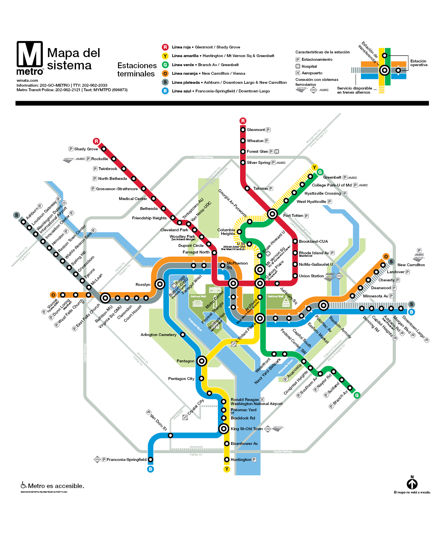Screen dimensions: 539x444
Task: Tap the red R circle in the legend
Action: click(165, 47)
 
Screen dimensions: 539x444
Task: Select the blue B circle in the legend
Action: click(165, 91)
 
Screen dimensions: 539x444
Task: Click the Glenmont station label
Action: click(256, 130)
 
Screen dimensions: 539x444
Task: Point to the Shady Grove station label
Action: click(86, 149)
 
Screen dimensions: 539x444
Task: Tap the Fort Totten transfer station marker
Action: click(272, 214)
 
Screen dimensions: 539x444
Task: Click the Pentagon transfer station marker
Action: click(201, 361)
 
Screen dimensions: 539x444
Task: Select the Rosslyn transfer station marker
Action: click(161, 284)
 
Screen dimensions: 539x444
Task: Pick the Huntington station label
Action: click(241, 460)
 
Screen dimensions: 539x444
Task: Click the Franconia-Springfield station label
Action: click(127, 460)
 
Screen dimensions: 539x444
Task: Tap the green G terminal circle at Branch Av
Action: click(357, 395)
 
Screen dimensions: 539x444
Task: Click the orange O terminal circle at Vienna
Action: click(53, 295)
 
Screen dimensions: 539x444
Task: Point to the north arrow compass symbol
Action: click(412, 484)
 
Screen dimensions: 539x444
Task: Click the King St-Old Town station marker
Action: click(224, 429)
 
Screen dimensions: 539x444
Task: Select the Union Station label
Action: click(311, 276)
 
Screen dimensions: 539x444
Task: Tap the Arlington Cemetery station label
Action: click(158, 335)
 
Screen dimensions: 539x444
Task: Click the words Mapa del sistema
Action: click(73, 59)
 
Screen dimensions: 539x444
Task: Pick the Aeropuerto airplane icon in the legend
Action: click(298, 73)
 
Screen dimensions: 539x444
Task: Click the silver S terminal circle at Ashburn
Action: click(16, 215)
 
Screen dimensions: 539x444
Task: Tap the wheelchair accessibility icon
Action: click(24, 485)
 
